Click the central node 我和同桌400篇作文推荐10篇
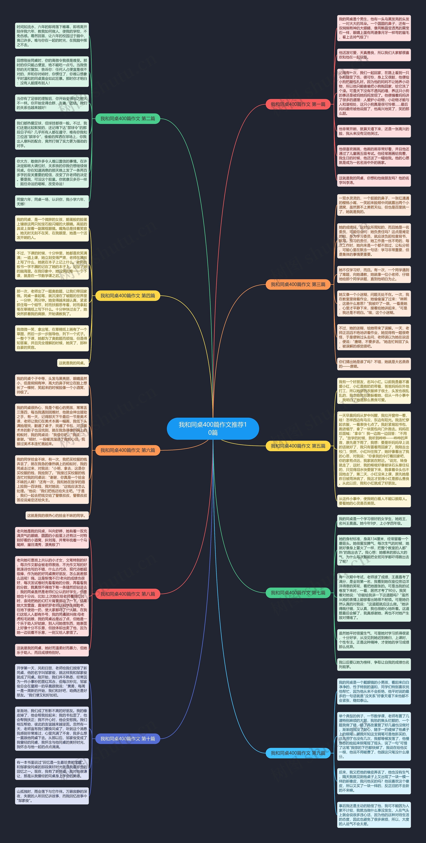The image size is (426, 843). pos(213,428)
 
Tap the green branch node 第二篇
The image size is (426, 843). pos(128,118)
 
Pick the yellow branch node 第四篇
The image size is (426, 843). pos(128,296)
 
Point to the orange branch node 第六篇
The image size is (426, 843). pos(128,450)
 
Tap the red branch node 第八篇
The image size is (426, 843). pos(128,594)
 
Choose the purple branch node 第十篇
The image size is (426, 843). pos(128,739)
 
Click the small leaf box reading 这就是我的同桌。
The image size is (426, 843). pos(73,363)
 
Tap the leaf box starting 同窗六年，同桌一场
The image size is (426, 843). pos(52,202)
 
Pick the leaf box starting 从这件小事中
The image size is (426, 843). pos(374,501)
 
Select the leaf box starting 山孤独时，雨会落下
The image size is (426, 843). pos(52,796)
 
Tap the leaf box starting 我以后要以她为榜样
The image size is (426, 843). pos(374,664)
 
